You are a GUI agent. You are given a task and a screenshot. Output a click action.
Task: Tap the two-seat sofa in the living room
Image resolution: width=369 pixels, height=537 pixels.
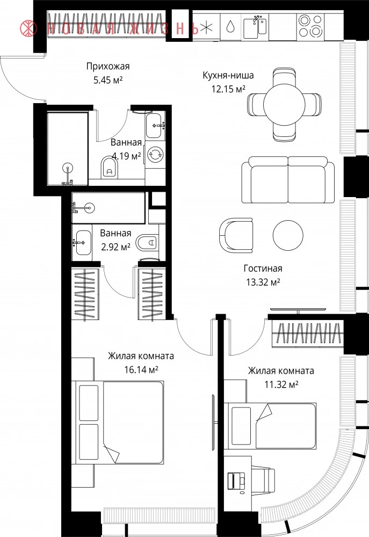288,180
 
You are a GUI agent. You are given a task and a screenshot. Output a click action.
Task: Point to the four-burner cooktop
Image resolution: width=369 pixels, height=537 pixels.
311,26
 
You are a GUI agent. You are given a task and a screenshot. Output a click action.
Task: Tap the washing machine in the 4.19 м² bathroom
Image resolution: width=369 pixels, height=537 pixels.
155,154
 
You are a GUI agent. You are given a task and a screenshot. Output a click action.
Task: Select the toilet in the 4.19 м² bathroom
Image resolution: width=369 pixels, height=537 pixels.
110,168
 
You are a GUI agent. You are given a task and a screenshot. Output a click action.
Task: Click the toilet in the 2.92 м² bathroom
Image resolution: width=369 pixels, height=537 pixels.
147,243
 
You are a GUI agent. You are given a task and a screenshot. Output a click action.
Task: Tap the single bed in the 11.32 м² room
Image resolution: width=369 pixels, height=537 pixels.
270,426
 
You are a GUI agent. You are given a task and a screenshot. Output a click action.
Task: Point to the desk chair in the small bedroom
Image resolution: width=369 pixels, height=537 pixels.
263,479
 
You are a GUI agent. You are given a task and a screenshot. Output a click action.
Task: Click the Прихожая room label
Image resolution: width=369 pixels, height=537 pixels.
108,66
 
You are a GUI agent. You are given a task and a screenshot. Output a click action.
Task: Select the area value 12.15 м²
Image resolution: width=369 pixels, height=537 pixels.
228,89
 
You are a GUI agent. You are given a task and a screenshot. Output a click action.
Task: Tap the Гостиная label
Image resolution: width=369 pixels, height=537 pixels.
263,268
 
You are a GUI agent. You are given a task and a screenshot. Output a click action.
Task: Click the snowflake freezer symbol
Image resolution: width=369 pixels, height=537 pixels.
206,27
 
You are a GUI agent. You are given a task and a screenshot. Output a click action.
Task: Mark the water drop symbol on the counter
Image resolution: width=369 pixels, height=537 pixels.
231,26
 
